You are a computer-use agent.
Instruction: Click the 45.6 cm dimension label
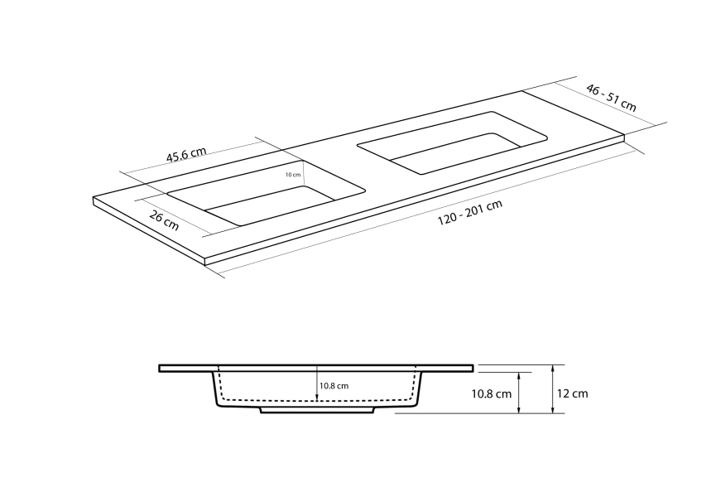pyautogui.click(x=186, y=155)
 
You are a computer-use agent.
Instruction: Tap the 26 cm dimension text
pyautogui.click(x=164, y=220)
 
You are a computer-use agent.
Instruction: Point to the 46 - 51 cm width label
pyautogui.click(x=611, y=97)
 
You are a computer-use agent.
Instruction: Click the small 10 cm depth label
pyautogui.click(x=292, y=175)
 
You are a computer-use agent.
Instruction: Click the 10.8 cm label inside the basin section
pyautogui.click(x=334, y=386)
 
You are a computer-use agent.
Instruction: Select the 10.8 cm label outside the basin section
pyautogui.click(x=492, y=394)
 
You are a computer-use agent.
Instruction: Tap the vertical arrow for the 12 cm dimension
pyautogui.click(x=552, y=389)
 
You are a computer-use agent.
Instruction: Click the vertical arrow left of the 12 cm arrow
pyautogui.click(x=519, y=393)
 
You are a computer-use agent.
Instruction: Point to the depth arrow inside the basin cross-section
pyautogui.click(x=316, y=384)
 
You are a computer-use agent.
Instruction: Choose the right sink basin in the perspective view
pyautogui.click(x=451, y=142)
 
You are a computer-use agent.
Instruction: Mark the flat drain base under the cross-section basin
pyautogui.click(x=318, y=410)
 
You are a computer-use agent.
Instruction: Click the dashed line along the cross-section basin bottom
pyautogui.click(x=318, y=400)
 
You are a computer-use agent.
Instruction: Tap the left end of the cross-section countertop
pyautogui.click(x=161, y=368)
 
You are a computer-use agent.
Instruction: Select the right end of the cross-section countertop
pyautogui.click(x=472, y=368)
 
